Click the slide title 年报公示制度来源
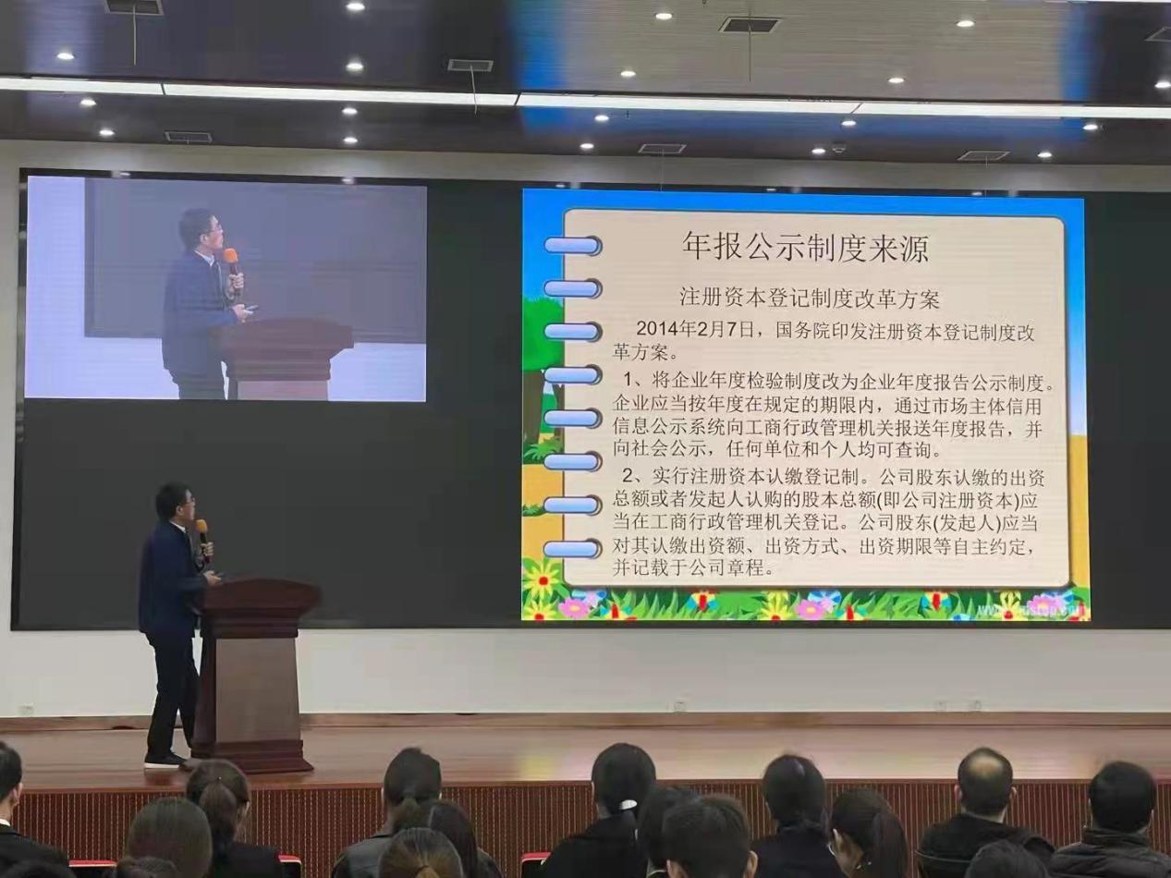pos(806,247)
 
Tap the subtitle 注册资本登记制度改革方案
pos(809,298)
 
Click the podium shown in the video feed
pos(283,356)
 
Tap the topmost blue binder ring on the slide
pos(572,246)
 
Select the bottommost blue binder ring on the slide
pos(572,549)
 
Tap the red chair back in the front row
pos(534,864)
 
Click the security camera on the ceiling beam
pos(838,147)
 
